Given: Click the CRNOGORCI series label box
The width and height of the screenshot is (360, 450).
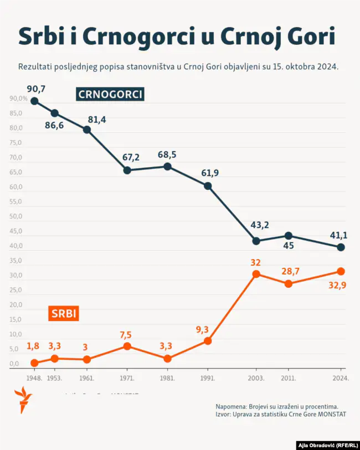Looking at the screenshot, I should [110, 95].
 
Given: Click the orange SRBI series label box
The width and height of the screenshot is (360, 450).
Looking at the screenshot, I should [64, 314].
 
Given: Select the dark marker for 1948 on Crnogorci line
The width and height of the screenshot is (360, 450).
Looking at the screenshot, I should [34, 101].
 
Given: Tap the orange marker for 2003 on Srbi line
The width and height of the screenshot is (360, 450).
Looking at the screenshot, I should [256, 274].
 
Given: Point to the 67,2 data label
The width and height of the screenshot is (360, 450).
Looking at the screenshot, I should [131, 157].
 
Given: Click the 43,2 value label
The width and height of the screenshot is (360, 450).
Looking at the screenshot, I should [260, 225].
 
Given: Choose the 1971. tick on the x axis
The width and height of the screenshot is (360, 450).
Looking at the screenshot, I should [127, 378].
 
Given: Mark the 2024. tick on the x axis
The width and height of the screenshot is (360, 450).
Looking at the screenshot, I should [341, 378].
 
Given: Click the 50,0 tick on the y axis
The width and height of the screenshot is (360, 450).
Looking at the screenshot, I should [15, 216].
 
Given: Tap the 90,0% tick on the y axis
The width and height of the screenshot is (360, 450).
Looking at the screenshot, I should [18, 99].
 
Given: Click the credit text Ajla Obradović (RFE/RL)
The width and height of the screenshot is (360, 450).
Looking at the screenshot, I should [327, 445].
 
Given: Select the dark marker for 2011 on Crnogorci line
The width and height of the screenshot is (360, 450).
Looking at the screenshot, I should [288, 236].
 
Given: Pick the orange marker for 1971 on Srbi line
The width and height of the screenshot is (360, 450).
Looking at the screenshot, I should [127, 346].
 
